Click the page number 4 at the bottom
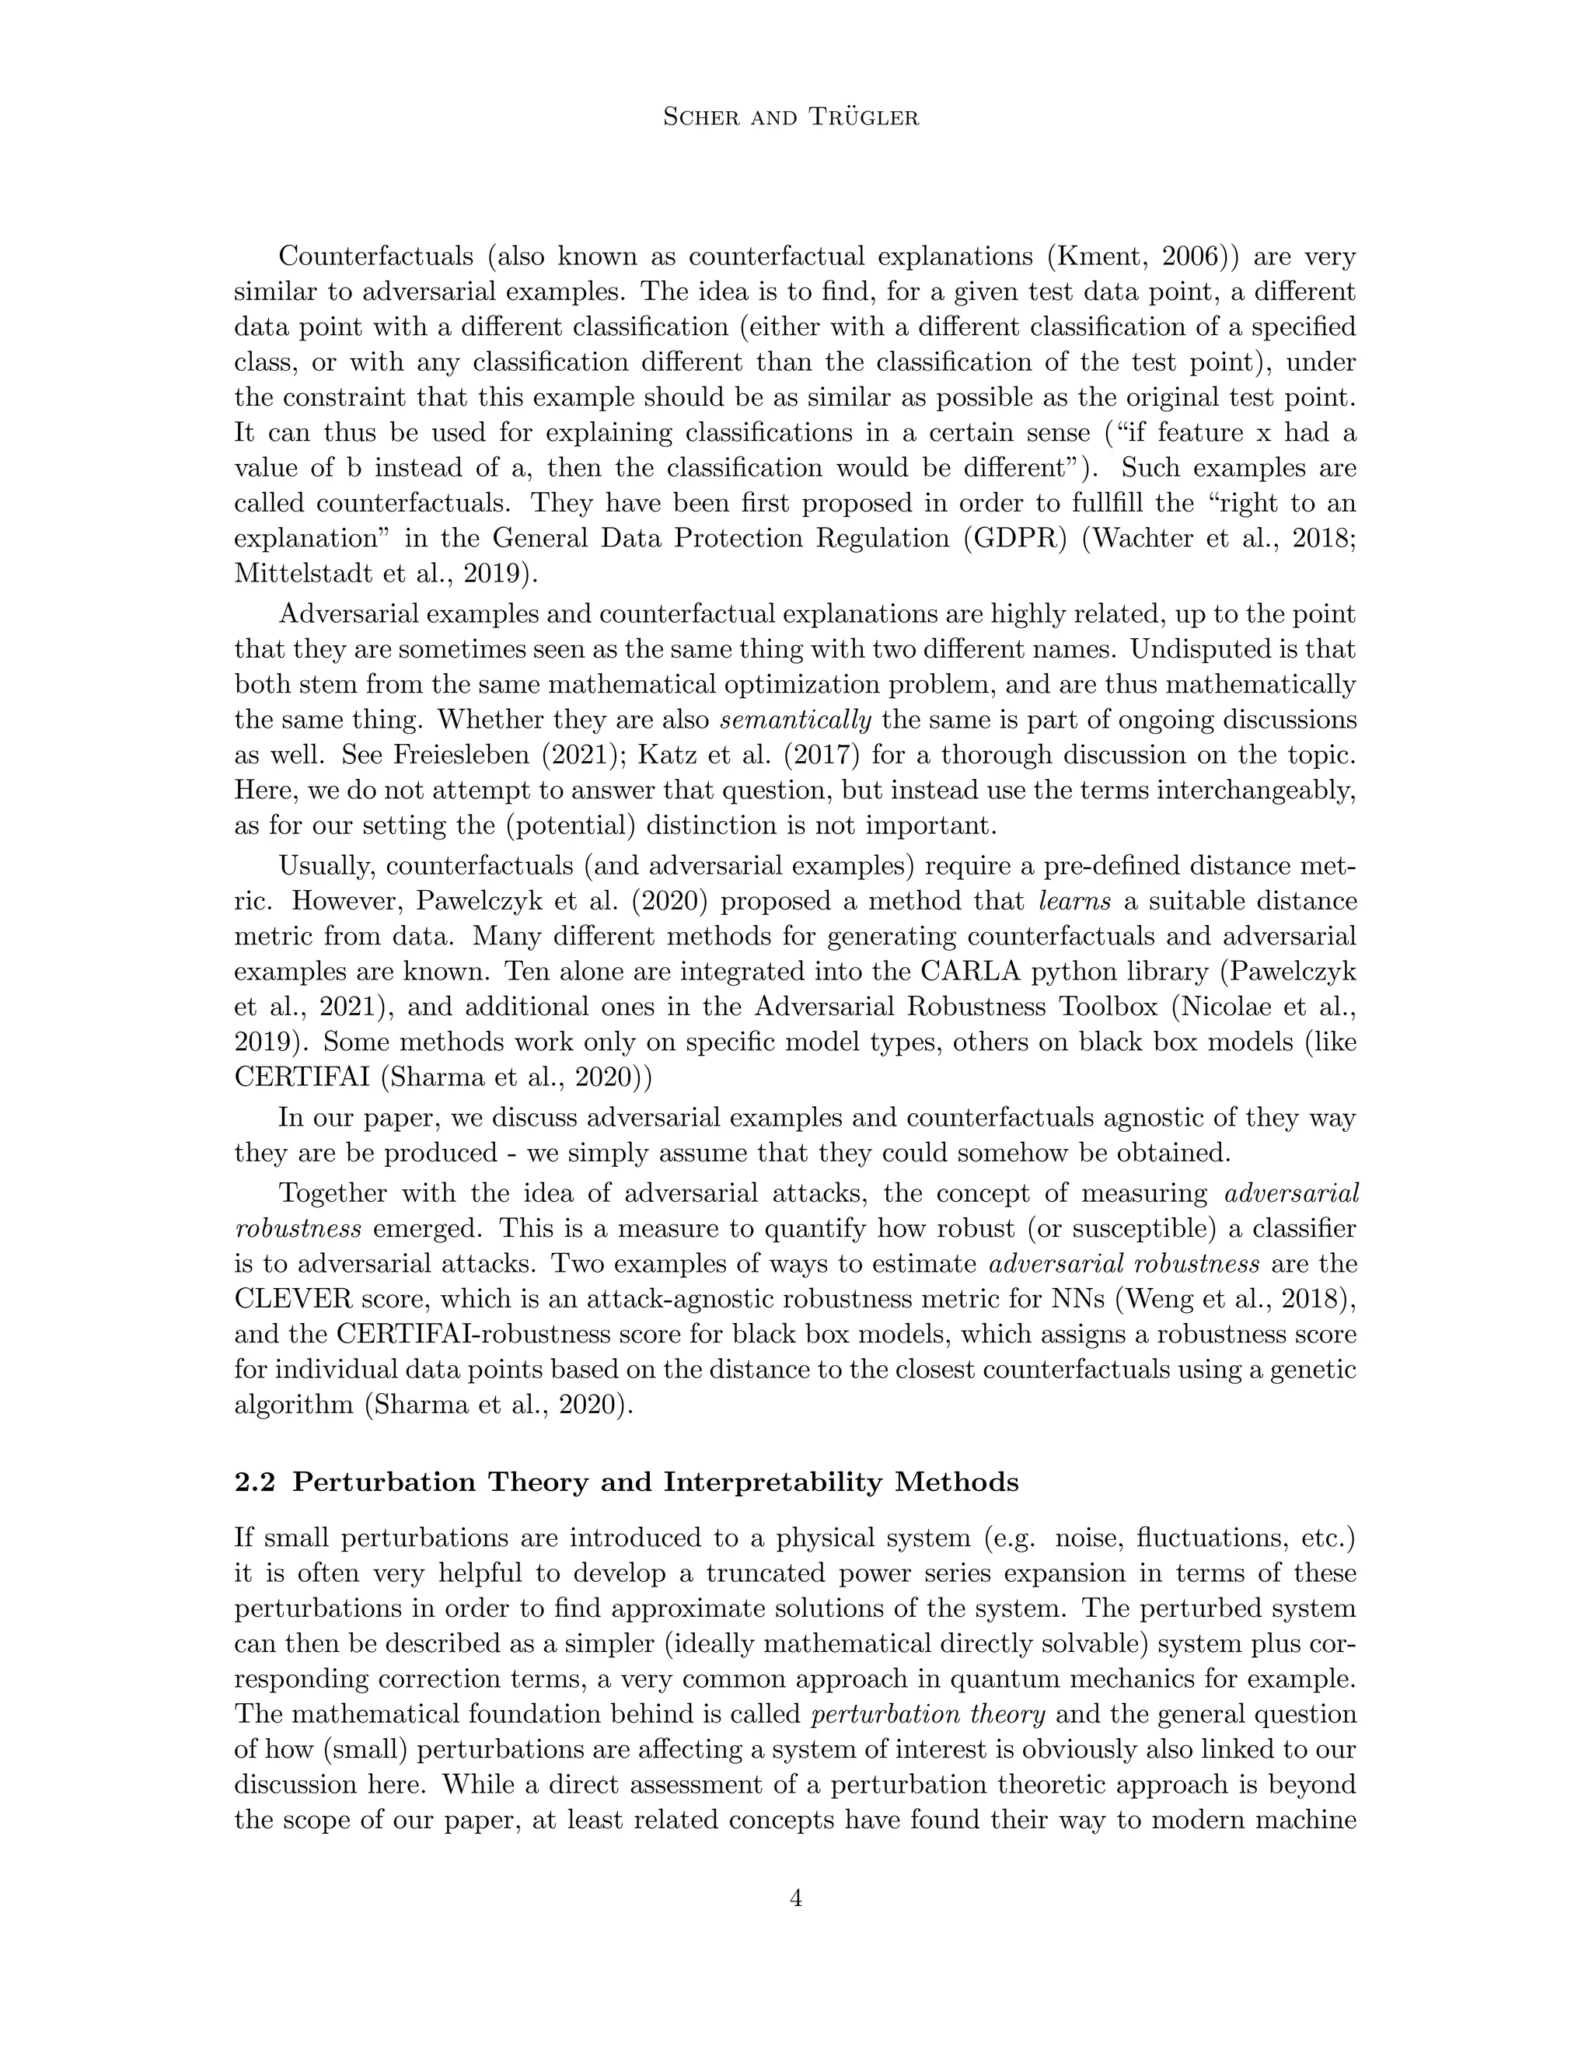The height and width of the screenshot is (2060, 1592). pyautogui.click(x=795, y=1898)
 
